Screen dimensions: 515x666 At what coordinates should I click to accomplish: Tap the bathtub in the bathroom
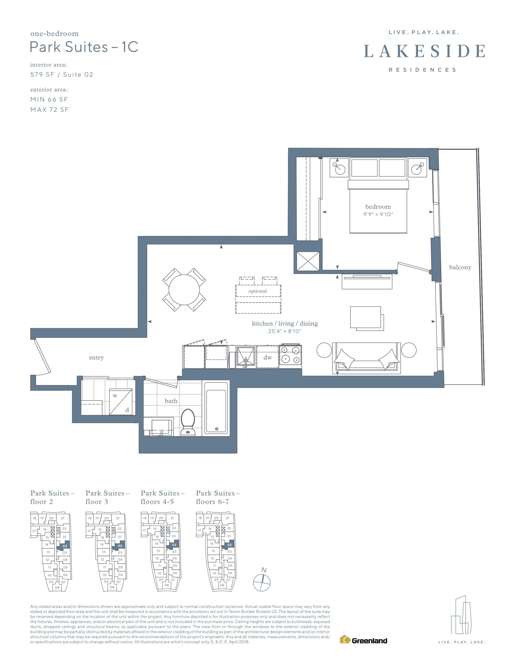pos(216,408)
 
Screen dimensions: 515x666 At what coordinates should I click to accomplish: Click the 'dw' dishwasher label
pos(267,357)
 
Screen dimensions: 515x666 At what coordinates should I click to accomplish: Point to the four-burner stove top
pos(291,356)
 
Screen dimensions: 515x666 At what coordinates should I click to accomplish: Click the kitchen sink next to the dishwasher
pos(246,356)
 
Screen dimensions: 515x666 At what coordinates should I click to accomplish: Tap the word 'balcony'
pos(460,267)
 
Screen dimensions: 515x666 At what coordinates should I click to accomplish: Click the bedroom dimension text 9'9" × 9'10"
pos(378,214)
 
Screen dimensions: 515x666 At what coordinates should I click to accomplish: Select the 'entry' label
pos(96,357)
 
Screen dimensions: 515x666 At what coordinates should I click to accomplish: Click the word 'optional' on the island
pos(257,291)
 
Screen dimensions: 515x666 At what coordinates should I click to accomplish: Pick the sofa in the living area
pos(366,358)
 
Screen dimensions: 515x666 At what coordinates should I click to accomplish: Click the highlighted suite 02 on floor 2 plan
pos(64,546)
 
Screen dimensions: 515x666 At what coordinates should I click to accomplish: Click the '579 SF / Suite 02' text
pos(62,75)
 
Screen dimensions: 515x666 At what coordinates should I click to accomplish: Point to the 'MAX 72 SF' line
pos(49,110)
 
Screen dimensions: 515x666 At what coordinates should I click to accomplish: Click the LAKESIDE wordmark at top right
pos(424,51)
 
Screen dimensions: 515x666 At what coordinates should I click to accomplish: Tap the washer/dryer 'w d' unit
pos(121,402)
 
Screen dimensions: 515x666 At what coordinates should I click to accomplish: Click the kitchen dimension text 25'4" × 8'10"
pos(285,331)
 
